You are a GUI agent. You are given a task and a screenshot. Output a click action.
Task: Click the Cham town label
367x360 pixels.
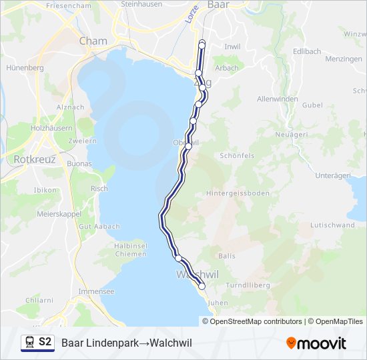(x=93, y=41)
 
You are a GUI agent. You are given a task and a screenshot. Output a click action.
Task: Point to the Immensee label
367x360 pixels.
(x=96, y=291)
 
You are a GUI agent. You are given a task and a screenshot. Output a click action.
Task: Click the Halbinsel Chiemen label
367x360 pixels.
(x=125, y=250)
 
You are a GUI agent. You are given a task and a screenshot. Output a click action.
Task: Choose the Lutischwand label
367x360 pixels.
(x=332, y=225)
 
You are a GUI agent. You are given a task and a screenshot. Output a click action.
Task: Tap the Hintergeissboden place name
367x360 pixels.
(x=238, y=193)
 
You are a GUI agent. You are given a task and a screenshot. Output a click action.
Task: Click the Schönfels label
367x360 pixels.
(x=237, y=155)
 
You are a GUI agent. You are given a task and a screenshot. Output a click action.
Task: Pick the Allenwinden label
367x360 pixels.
(x=277, y=99)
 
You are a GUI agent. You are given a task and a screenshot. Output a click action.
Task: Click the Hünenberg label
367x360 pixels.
(x=25, y=68)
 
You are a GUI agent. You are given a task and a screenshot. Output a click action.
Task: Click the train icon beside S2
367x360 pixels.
(x=30, y=343)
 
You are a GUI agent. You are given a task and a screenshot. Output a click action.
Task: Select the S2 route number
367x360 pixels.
(x=45, y=342)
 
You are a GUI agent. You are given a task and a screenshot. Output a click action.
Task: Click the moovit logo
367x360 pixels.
(x=316, y=343)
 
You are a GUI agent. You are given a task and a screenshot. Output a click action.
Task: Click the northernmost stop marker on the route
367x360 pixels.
(x=202, y=43)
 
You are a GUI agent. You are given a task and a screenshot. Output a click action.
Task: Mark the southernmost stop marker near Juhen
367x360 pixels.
(x=202, y=286)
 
